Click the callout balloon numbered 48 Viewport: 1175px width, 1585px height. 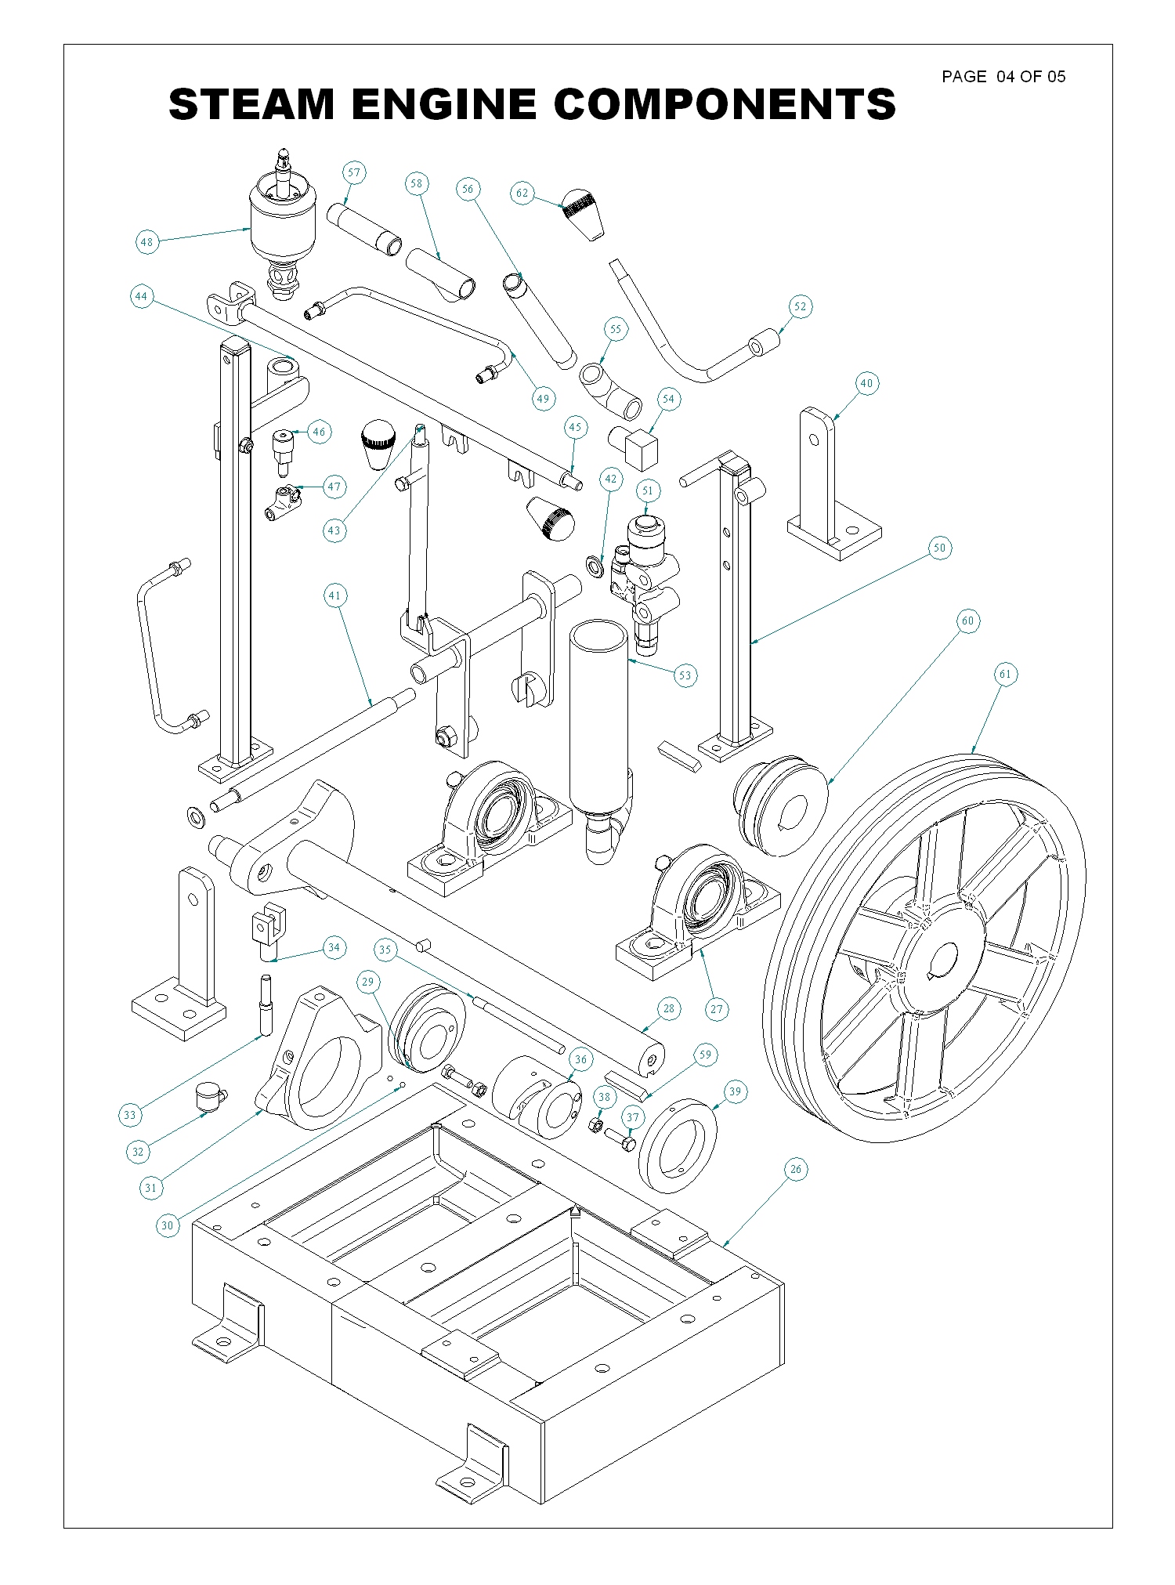coord(146,242)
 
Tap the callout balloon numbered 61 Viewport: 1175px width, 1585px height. coord(1005,674)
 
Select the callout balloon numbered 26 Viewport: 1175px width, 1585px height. coord(796,1170)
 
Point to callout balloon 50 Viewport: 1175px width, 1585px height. coord(940,548)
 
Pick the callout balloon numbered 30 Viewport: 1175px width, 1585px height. coord(168,1225)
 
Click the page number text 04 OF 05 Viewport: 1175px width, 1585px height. coord(1031,77)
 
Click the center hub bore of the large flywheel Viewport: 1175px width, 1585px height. coord(942,961)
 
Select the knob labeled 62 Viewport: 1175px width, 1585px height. coord(583,212)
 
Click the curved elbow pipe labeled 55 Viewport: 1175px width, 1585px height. coord(609,389)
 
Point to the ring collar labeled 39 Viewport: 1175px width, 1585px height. coord(678,1145)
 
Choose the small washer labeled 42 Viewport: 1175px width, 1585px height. coord(595,565)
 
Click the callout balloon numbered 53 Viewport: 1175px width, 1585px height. coord(685,675)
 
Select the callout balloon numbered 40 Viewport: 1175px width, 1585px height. coord(866,383)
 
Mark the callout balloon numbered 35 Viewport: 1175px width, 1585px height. coord(385,950)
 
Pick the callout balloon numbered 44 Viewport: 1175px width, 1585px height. coord(141,297)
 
